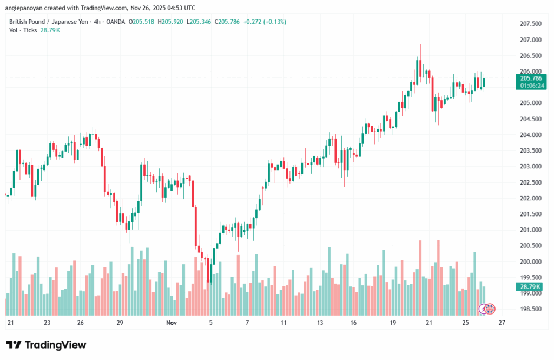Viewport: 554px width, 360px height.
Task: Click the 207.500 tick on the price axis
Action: click(515, 24)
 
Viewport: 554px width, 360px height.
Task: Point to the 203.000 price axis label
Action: click(515, 166)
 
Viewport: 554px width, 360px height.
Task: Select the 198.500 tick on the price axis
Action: click(515, 309)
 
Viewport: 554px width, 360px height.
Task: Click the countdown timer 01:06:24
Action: click(515, 86)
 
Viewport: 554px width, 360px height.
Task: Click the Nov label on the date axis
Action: click(172, 323)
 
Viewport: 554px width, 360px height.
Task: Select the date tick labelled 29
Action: click(120, 323)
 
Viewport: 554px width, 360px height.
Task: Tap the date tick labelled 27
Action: click(502, 323)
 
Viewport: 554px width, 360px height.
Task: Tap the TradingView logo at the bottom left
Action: click(46, 345)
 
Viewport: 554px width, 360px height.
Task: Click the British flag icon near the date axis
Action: click(490, 309)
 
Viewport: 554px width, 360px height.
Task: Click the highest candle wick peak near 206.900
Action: click(420, 45)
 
